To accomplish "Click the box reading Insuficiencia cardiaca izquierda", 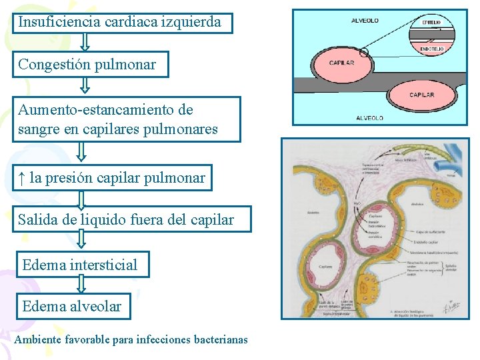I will click(123, 22).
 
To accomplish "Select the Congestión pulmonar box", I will click(89, 65).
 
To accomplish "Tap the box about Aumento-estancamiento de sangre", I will click(126, 119).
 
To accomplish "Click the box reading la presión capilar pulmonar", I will click(112, 178).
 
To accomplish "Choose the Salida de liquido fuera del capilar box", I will click(131, 219).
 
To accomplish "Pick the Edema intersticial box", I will click(80, 265).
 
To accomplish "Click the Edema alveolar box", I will click(71, 306).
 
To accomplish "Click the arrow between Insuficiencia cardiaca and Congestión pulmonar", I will click(85, 43).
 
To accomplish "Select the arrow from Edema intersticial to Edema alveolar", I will click(81, 285).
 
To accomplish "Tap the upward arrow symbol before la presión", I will click(22, 178).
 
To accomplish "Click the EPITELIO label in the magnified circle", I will click(431, 22).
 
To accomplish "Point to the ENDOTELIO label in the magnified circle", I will click(431, 49).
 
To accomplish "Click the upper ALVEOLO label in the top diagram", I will click(365, 21).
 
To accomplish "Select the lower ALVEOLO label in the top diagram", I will click(369, 118).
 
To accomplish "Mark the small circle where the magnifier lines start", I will click(363, 51).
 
